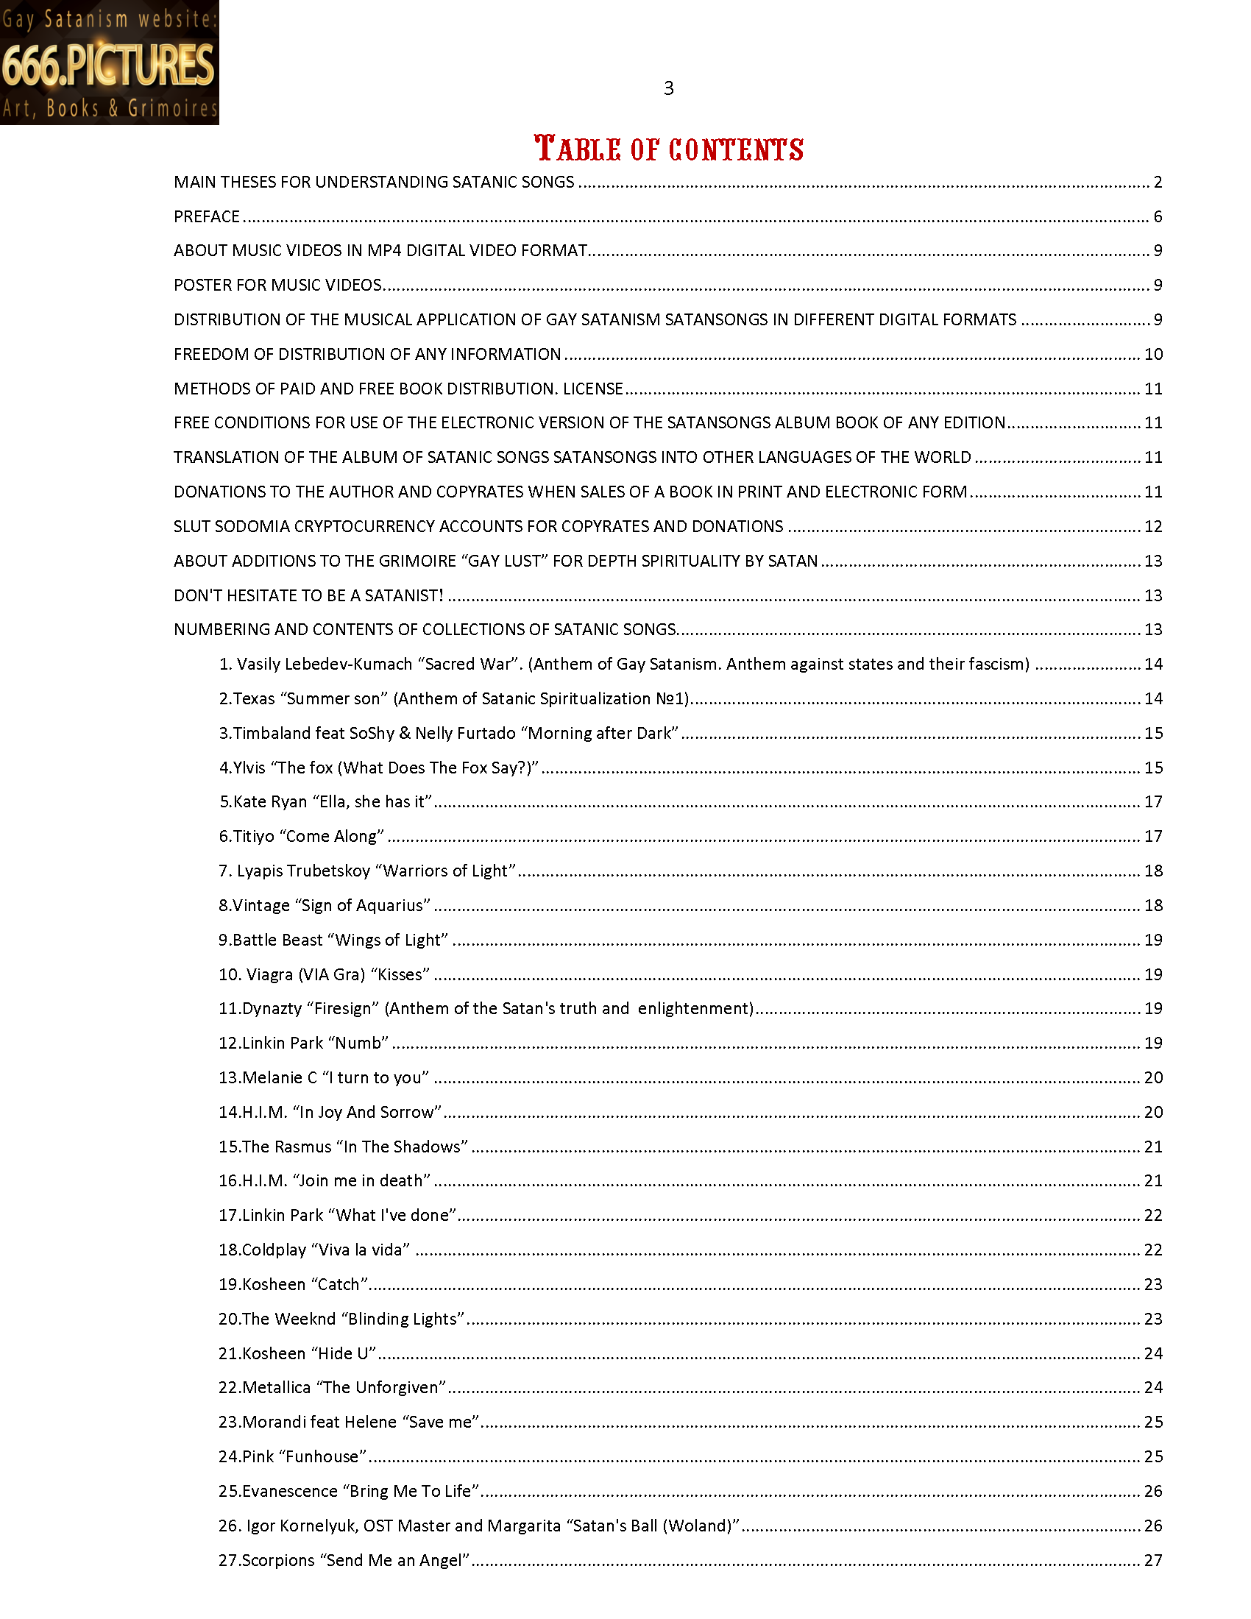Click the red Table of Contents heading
[x=668, y=149]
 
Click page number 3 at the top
[x=668, y=89]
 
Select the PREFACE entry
[x=207, y=216]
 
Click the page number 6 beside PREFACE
[x=1158, y=216]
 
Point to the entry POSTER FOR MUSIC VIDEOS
[x=278, y=286]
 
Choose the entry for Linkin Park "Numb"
[x=304, y=1043]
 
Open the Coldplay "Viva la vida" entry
[x=314, y=1250]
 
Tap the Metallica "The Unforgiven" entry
[x=333, y=1388]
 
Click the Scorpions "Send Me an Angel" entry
[x=344, y=1560]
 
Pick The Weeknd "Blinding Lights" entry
[x=341, y=1319]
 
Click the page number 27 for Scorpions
[x=1153, y=1560]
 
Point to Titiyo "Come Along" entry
[x=302, y=836]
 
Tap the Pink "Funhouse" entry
[x=293, y=1456]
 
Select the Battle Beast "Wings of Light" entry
[x=333, y=940]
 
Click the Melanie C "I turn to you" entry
[x=324, y=1078]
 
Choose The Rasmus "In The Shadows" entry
[x=343, y=1147]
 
